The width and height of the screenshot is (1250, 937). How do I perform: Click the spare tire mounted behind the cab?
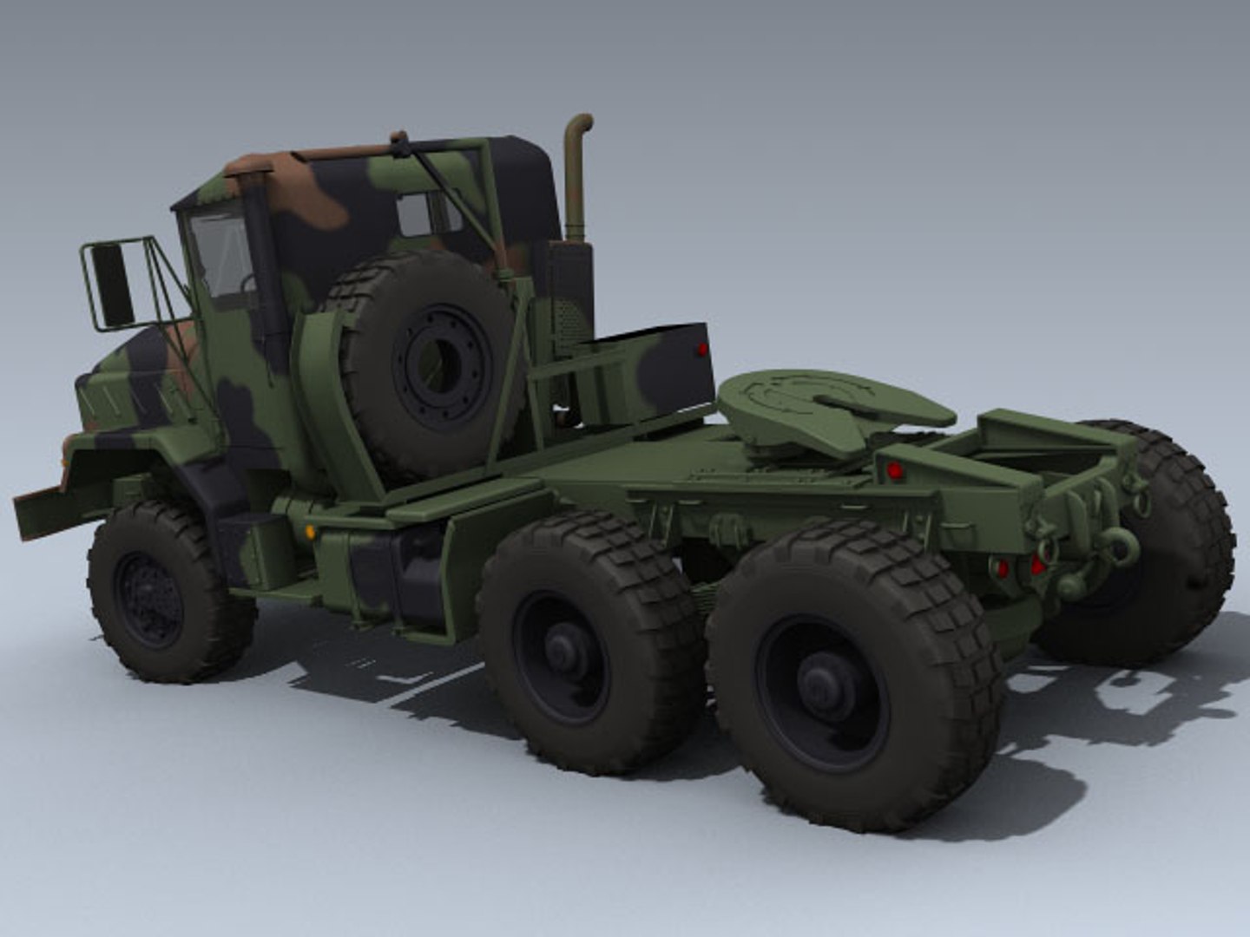[x=425, y=364]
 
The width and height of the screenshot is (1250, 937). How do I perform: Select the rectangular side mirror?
[x=112, y=285]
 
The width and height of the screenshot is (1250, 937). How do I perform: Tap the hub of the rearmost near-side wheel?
[x=820, y=681]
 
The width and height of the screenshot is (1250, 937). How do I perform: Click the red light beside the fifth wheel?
[x=894, y=471]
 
